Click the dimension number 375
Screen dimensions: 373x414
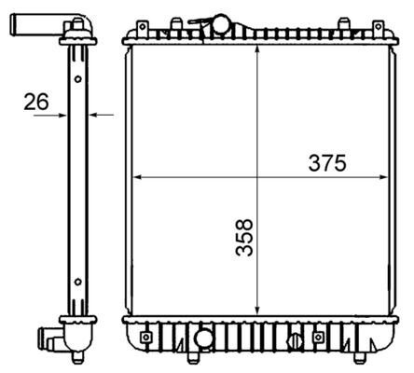327,162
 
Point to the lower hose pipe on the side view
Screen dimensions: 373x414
48,336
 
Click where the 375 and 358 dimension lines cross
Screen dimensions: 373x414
256,175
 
